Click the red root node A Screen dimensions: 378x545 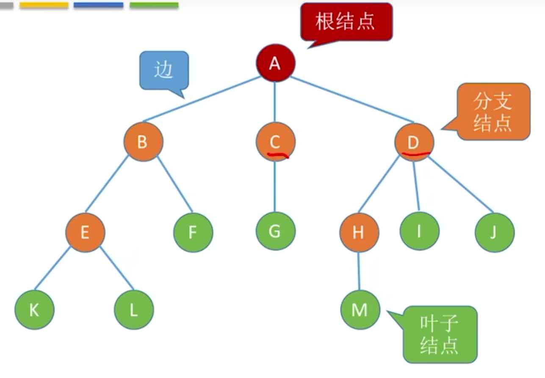click(275, 63)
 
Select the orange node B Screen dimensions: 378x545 click(143, 142)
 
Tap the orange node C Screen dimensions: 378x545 click(275, 142)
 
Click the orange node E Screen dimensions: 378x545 click(85, 232)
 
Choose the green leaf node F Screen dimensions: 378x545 click(193, 232)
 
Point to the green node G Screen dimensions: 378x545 click(275, 232)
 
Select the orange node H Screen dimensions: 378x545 click(359, 232)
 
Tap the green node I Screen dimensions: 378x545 click(419, 232)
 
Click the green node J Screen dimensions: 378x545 click(494, 232)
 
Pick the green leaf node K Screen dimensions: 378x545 click(34, 310)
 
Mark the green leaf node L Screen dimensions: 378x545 click(134, 310)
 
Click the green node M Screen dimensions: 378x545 click(360, 310)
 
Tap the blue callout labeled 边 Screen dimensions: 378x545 click(164, 70)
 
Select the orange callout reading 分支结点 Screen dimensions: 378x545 click(493, 111)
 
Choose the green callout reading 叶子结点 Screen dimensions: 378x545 click(440, 334)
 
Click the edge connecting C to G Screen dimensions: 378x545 click(275, 186)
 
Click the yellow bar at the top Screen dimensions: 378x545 click(44, 5)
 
